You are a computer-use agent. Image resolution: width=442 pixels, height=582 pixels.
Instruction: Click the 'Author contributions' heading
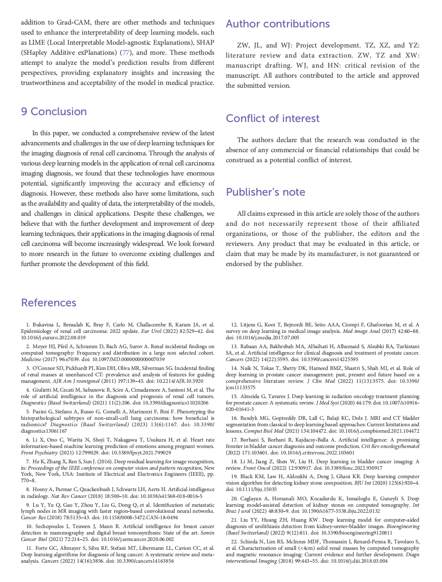(278, 24)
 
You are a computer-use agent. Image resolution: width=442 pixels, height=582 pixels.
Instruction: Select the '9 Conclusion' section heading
(54, 111)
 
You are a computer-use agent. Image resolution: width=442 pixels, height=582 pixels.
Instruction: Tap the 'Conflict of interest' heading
(272, 118)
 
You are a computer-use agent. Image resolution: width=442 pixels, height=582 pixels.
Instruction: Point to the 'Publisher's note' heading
(265, 192)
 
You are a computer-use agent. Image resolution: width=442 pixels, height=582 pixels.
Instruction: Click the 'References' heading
(49, 303)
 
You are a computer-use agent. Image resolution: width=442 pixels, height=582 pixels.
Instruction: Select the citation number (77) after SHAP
(126, 53)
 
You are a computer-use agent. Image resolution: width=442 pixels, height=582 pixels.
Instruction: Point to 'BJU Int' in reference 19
(362, 483)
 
